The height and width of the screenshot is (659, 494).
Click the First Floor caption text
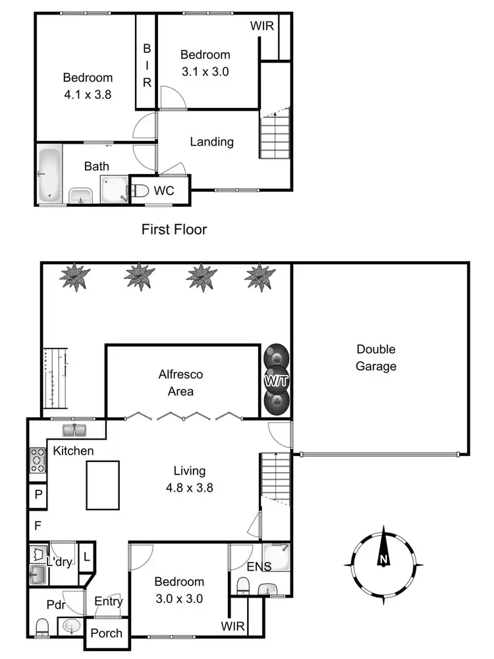(174, 229)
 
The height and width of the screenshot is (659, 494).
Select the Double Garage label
(376, 358)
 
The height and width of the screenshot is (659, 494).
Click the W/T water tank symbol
(276, 382)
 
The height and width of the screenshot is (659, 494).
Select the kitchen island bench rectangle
(103, 485)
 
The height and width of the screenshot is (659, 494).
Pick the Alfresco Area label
(181, 383)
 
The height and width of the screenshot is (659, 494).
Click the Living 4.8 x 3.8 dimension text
(190, 488)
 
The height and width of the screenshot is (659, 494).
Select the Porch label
(106, 633)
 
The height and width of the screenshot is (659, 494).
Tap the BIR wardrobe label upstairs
(147, 66)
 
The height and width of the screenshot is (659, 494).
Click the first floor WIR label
(261, 26)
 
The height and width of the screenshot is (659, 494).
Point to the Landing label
(211, 142)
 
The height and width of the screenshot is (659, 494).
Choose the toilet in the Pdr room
(43, 626)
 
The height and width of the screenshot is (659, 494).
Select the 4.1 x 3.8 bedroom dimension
(88, 94)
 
